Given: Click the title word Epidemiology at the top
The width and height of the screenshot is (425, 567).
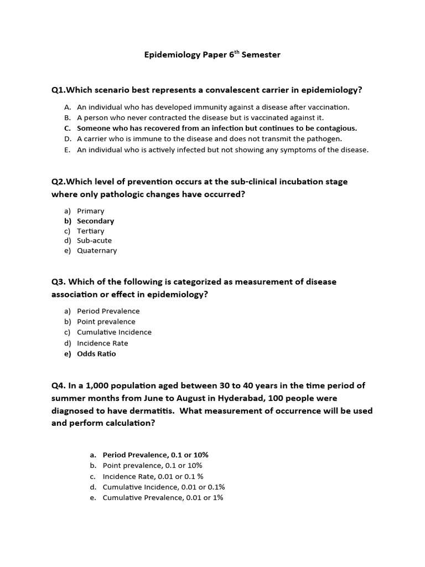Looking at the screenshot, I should coord(170,55).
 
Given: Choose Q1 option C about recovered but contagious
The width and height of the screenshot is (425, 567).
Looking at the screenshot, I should coord(216,128).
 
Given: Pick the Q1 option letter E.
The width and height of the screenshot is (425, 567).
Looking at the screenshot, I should coord(67,150).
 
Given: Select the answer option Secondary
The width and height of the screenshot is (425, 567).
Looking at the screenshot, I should coord(95,221).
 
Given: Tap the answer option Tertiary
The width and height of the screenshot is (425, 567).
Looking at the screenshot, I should coord(90,231).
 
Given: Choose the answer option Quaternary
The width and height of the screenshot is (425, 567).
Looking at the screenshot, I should coord(97,251).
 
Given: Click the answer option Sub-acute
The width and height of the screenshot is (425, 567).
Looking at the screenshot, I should coord(94,241).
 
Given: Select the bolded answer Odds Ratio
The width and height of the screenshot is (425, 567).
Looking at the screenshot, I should coord(96,354).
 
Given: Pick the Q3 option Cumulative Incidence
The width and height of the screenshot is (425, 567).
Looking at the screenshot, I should coord(114,332).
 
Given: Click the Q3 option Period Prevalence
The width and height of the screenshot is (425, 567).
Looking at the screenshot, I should coord(108,311).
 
